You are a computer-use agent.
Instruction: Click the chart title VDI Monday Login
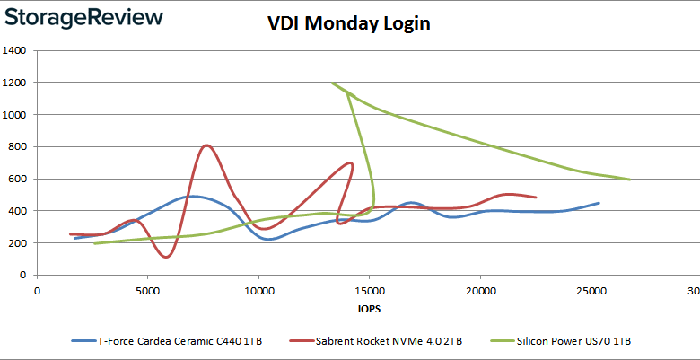(x=349, y=23)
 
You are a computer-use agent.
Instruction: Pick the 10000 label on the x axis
(x=258, y=290)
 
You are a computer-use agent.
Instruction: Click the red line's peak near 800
(x=206, y=145)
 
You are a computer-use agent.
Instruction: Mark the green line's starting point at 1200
(x=332, y=83)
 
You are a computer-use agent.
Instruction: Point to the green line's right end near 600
(x=630, y=180)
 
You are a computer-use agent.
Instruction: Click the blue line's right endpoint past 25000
(x=599, y=203)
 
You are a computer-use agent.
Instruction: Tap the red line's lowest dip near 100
(x=166, y=258)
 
